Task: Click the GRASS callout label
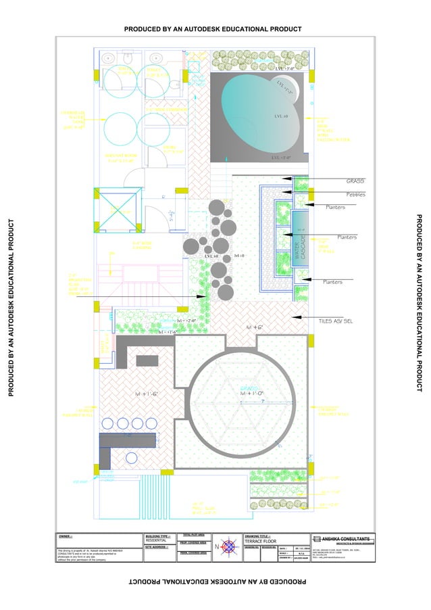[x=355, y=181]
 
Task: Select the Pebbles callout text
[x=355, y=195]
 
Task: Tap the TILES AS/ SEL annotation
[x=336, y=321]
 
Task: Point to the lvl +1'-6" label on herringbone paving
[x=146, y=394]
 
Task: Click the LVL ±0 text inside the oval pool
[x=281, y=116]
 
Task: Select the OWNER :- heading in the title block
[x=66, y=536]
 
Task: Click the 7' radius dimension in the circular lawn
[x=262, y=402]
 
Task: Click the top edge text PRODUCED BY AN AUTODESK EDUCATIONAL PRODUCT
[x=213, y=29]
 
